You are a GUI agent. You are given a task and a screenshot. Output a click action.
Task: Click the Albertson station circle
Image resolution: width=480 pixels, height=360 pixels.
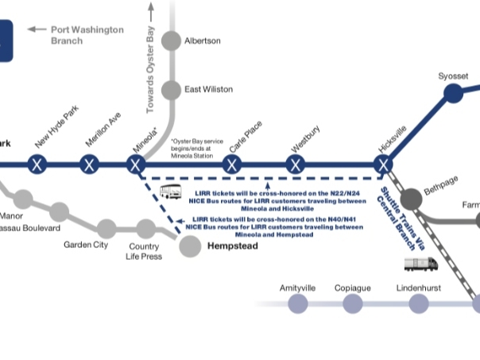point(172,41)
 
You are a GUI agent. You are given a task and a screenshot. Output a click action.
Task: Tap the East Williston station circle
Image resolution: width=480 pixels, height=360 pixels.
point(172,91)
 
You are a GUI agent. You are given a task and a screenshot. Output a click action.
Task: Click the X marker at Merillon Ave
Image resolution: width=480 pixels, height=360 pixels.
point(90,165)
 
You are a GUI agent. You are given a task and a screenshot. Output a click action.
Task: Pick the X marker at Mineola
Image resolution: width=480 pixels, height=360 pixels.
point(136,165)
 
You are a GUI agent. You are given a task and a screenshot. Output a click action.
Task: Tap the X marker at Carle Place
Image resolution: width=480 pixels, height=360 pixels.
point(231,165)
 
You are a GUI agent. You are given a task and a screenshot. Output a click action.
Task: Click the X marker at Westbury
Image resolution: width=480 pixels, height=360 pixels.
point(296,165)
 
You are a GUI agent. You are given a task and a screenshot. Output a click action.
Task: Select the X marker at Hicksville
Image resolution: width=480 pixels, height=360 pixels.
point(384,165)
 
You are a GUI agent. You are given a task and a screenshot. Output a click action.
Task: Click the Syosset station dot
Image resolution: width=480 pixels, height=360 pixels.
point(452,94)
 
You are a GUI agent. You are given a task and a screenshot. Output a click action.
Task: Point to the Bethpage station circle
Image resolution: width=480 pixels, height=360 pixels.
point(411,198)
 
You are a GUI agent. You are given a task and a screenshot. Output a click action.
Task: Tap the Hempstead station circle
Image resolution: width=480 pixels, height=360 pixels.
point(190,246)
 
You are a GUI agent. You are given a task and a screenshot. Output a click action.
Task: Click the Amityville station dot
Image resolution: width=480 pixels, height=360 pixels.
point(298,303)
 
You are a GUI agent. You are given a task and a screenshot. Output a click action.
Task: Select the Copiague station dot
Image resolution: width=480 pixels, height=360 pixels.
point(352,303)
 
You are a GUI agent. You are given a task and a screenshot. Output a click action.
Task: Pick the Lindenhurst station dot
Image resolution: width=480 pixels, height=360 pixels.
point(419,303)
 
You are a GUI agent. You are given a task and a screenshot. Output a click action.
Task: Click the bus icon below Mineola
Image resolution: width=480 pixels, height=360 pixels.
point(171,192)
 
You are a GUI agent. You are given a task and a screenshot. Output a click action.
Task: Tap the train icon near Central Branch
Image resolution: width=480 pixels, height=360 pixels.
point(420,262)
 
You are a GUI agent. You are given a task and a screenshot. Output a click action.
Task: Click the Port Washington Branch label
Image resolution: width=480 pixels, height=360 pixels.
point(87,35)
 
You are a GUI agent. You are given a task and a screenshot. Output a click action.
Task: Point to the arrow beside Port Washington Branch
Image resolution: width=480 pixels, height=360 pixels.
point(37,29)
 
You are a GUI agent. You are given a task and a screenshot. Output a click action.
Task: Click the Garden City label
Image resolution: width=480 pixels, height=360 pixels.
point(86,245)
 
